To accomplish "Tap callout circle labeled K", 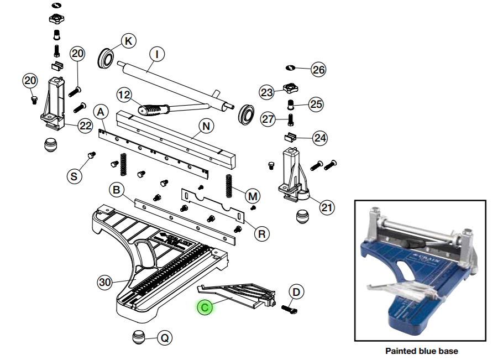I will (128, 41).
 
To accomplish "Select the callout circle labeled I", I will (157, 54).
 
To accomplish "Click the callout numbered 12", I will (124, 95).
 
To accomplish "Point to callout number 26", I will (318, 70).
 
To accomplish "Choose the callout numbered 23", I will (267, 92).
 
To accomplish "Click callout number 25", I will (316, 104).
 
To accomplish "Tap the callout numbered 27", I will (268, 119).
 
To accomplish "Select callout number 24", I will (320, 138).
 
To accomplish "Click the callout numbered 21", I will (327, 208).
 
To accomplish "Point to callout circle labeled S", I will (74, 176).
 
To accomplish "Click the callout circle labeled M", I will (253, 196).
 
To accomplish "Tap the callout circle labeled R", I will (262, 233).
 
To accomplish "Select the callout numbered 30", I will (105, 282).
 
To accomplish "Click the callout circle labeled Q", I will (164, 337).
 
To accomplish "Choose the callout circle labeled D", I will (296, 291).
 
